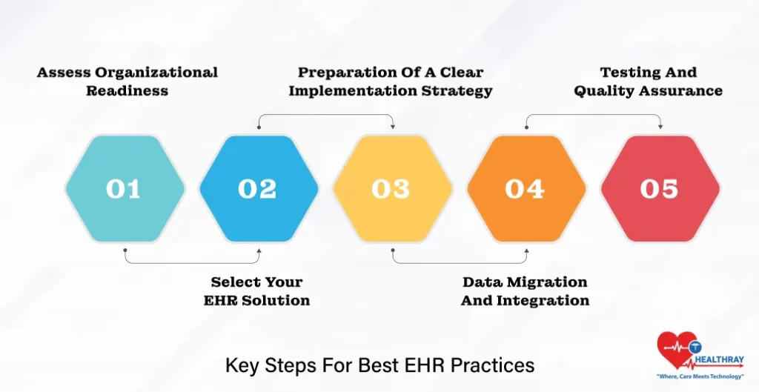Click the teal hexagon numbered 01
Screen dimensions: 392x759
124,189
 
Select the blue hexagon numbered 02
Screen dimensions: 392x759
258,189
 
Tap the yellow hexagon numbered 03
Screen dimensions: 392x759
391,189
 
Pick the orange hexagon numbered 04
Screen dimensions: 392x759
526,189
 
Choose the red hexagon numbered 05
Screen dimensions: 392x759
659,189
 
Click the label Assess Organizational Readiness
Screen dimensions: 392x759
127,82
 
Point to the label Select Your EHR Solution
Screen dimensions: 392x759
256,291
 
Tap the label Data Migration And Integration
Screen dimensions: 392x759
525,291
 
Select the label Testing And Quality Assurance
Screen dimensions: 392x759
648,82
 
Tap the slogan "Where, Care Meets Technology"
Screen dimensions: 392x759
700,377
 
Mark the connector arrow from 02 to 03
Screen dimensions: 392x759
325,115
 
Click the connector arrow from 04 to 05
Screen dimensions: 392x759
593,115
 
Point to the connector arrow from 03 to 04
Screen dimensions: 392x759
459,262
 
